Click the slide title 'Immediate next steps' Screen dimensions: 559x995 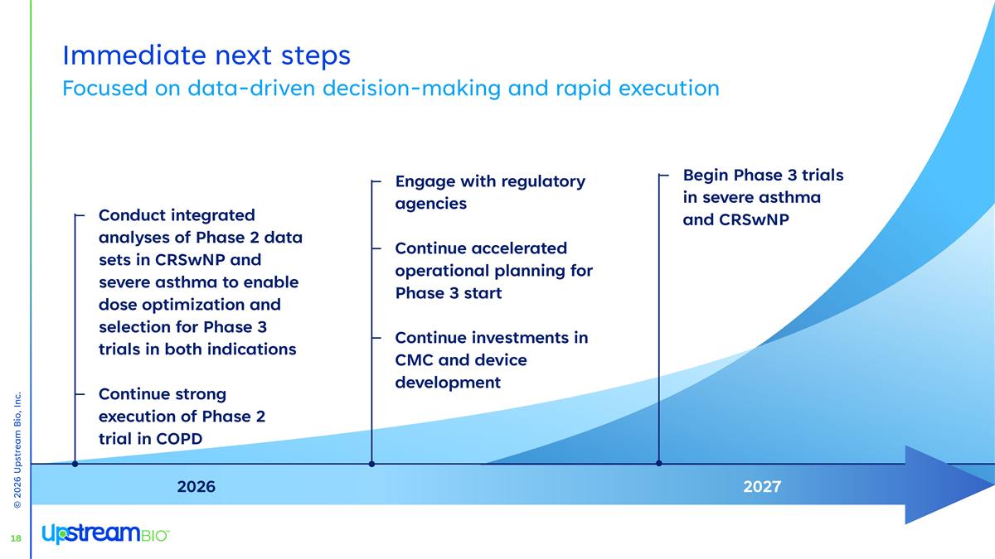tap(206, 55)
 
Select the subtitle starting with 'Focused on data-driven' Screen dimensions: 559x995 tap(391, 88)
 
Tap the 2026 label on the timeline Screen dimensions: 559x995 tap(197, 487)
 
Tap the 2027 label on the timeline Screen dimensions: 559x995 tap(761, 487)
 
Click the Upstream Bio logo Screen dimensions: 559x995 tap(105, 534)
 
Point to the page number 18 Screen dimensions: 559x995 tap(15, 539)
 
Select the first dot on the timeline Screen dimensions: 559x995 tap(75, 464)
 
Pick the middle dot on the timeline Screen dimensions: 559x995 tap(371, 464)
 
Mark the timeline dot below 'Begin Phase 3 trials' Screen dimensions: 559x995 tap(658, 464)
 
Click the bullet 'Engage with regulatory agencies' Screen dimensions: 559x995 tap(489, 192)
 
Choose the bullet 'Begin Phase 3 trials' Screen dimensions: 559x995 tap(762, 197)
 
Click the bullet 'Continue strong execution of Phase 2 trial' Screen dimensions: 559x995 tap(182, 416)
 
